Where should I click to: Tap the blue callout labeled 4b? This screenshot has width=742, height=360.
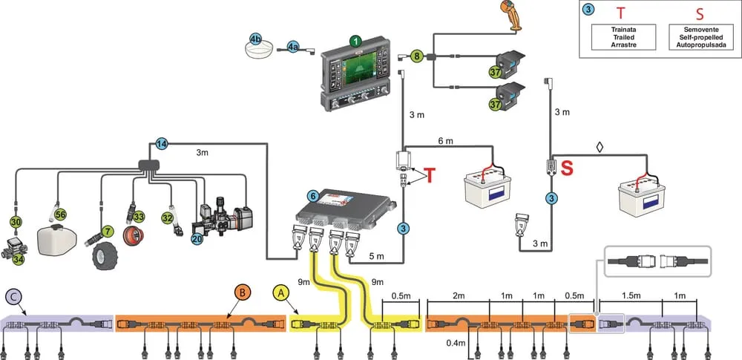257,38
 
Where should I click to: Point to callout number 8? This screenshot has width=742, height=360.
417,55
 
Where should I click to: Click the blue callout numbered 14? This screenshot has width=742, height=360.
162,143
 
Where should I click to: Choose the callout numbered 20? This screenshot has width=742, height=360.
197,240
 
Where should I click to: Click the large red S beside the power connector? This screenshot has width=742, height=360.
568,170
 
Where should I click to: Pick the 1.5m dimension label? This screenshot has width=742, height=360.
628,295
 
